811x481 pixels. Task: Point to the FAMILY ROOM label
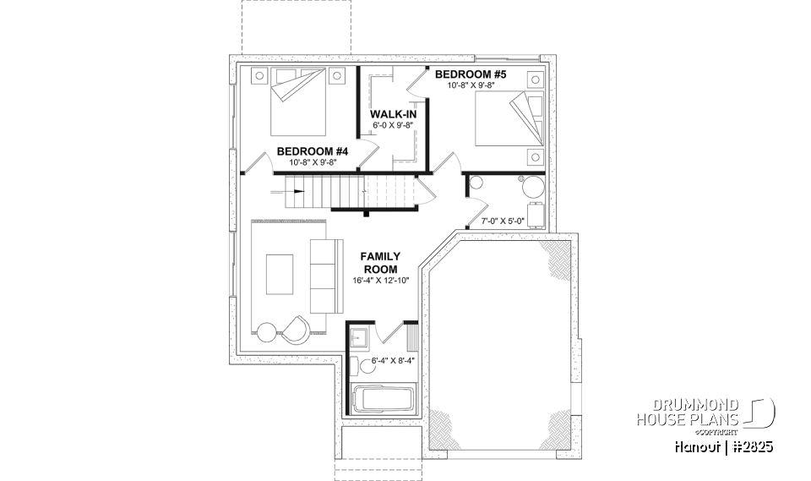click(380, 263)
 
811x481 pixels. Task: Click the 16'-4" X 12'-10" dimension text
click(380, 281)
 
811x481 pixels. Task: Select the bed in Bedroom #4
click(297, 102)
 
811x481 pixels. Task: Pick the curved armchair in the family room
click(297, 328)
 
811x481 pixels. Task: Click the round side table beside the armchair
click(268, 331)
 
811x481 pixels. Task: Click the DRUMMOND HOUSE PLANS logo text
click(689, 412)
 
